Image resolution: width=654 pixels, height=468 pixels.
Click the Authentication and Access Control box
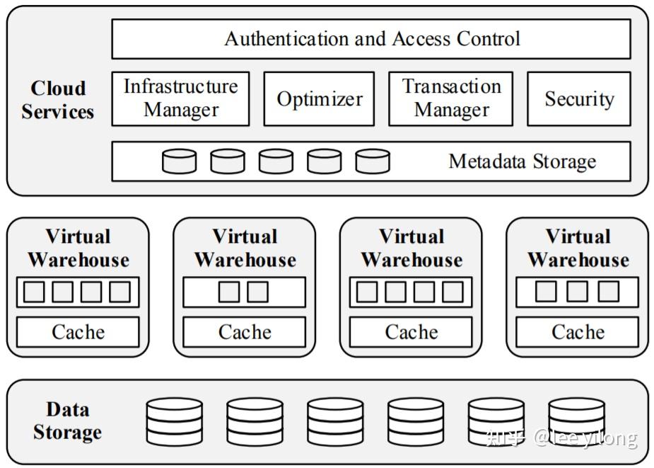click(x=370, y=39)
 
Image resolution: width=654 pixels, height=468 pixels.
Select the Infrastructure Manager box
click(x=180, y=98)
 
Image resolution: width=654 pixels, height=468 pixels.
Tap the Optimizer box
click(x=319, y=98)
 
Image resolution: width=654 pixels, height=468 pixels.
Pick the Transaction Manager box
click(x=451, y=98)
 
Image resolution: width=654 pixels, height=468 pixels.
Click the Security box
click(x=579, y=98)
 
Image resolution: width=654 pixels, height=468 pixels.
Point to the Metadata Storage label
click(x=522, y=161)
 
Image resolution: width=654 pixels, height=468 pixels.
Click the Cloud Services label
click(x=57, y=100)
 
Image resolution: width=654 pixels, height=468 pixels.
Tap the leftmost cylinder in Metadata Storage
click(x=179, y=161)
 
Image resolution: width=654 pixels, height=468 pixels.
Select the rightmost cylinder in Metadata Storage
click(x=373, y=161)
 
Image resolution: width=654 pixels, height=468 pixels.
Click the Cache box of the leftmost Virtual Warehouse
click(x=78, y=332)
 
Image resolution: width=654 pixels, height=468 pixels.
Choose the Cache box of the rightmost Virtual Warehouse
click(x=577, y=332)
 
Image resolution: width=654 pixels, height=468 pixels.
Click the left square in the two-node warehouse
click(x=229, y=292)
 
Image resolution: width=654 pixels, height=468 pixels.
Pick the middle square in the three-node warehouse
click(x=577, y=292)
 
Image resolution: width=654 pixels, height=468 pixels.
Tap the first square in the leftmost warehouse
click(x=34, y=292)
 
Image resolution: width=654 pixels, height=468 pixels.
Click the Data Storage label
click(x=68, y=421)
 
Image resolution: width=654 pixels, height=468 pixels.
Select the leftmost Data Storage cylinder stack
click(x=175, y=421)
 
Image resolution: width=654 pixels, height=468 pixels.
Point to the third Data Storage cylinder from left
click(x=335, y=421)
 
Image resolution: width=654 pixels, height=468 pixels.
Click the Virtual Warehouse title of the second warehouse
click(x=245, y=248)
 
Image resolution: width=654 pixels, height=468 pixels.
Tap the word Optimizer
click(x=320, y=99)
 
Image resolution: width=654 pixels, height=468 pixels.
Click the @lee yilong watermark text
click(x=585, y=438)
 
